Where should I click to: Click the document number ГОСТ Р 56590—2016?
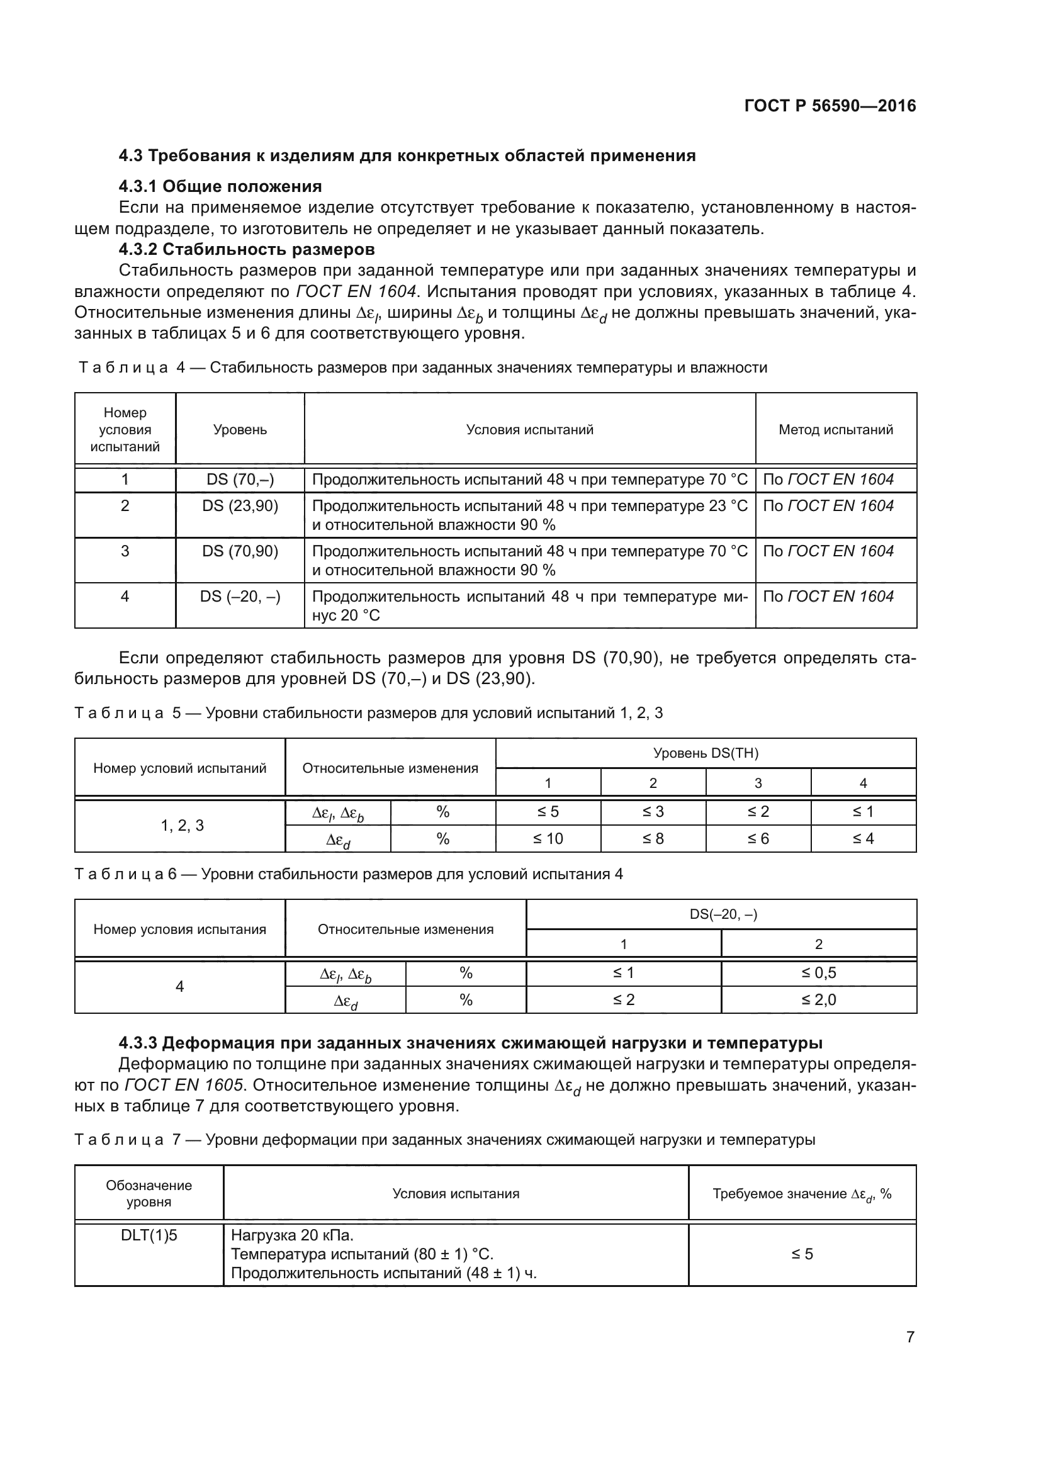(x=830, y=106)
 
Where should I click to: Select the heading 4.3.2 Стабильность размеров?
(x=246, y=249)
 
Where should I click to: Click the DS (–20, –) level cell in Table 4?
(x=240, y=596)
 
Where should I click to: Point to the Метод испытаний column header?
(x=835, y=430)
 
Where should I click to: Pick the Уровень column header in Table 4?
(x=240, y=430)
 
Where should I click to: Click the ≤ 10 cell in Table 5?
(x=548, y=838)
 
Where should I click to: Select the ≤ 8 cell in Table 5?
(x=653, y=838)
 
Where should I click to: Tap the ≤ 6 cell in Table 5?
(x=758, y=838)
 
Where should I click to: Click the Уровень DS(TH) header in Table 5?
(x=705, y=753)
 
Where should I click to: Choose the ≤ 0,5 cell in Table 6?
(x=818, y=972)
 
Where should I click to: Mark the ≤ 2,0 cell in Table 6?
(x=818, y=999)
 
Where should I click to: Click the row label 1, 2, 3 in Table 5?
(x=182, y=825)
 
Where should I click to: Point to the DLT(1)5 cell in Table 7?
(x=149, y=1235)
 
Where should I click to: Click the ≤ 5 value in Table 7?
(x=801, y=1254)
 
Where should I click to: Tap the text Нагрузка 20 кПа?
(x=292, y=1235)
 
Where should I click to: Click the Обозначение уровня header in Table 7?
(x=149, y=1193)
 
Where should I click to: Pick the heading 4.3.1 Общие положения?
(x=220, y=186)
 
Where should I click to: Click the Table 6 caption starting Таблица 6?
(x=348, y=874)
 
